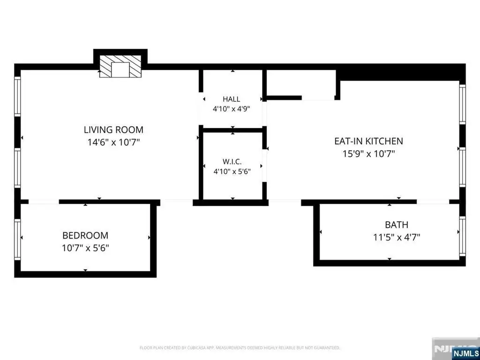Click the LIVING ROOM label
(113, 129)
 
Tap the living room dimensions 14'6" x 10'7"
(113, 142)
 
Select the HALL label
(232, 99)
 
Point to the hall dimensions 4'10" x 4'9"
(232, 109)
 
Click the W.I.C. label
(232, 162)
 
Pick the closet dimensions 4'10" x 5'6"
(232, 172)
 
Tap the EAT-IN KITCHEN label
(368, 141)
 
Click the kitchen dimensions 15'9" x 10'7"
(368, 153)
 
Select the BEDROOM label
(85, 235)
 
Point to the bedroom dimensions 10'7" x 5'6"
(85, 247)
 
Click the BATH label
(397, 225)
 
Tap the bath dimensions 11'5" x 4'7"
(397, 237)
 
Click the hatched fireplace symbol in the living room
(120, 66)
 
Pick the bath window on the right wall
(462, 236)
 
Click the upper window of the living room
(17, 97)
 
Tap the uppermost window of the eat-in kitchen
(462, 104)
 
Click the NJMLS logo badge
(465, 353)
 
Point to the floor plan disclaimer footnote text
(240, 348)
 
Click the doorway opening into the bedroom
(44, 202)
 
